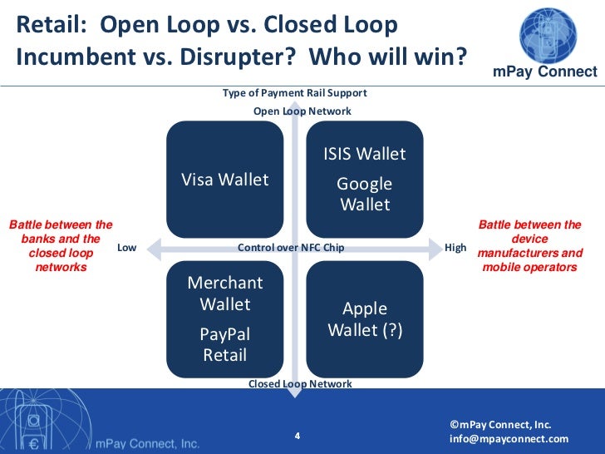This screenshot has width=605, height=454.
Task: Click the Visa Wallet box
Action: coord(225,180)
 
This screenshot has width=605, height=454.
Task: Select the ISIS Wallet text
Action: coord(365,154)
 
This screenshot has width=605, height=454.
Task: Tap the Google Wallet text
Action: coord(365,194)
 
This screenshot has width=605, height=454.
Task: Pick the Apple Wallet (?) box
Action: coord(365,319)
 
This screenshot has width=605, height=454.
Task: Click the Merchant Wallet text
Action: coord(225,294)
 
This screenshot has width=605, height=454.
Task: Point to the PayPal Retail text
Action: coord(225,344)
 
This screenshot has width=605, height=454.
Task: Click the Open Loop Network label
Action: coord(302,111)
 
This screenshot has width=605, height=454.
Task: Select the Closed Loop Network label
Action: coord(300,384)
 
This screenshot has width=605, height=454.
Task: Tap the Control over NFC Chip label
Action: coord(291,248)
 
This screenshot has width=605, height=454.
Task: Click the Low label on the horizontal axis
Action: coord(126,248)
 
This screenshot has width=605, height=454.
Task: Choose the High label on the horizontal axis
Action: coord(456,248)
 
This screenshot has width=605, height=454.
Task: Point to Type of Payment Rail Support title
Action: coord(294,93)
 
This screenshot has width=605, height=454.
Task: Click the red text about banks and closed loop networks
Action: coord(61,246)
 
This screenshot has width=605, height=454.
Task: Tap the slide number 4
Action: coord(298,435)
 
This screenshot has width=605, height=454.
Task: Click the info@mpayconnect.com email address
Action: coord(509,439)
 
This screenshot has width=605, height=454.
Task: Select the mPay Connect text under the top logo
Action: coord(545,72)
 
